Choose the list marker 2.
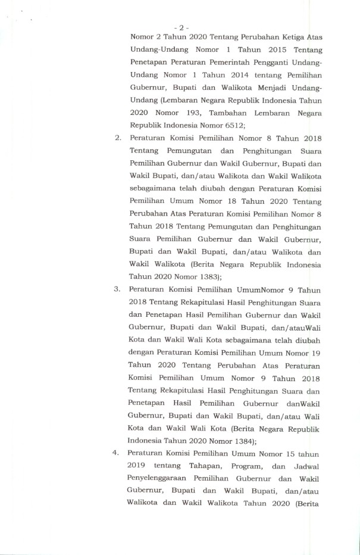coord(118,138)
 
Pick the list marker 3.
coord(118,289)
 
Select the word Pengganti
coord(276,62)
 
